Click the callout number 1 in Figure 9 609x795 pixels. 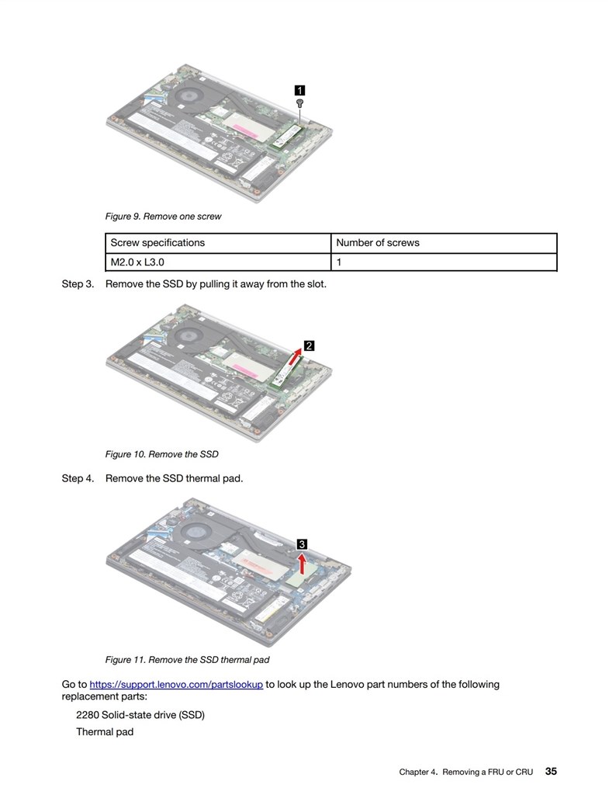tap(299, 89)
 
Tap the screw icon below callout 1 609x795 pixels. tap(299, 102)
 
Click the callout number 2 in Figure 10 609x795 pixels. tap(309, 346)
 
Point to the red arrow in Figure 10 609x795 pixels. tap(291, 358)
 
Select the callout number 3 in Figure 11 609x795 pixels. tap(303, 543)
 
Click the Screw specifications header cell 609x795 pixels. tap(157, 243)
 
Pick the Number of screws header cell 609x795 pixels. tap(377, 243)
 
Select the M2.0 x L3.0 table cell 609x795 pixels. tap(137, 262)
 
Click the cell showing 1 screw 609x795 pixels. tap(339, 262)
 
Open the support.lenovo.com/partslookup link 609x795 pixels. tap(176, 685)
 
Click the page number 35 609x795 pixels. tap(551, 772)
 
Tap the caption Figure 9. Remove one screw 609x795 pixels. tap(163, 217)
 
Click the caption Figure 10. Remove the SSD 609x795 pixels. tap(161, 454)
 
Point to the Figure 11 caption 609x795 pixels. tap(187, 660)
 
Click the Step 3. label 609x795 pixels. tap(78, 284)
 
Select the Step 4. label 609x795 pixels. tap(78, 478)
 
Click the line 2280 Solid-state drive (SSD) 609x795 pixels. tap(140, 714)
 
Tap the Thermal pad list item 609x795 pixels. tap(105, 732)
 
